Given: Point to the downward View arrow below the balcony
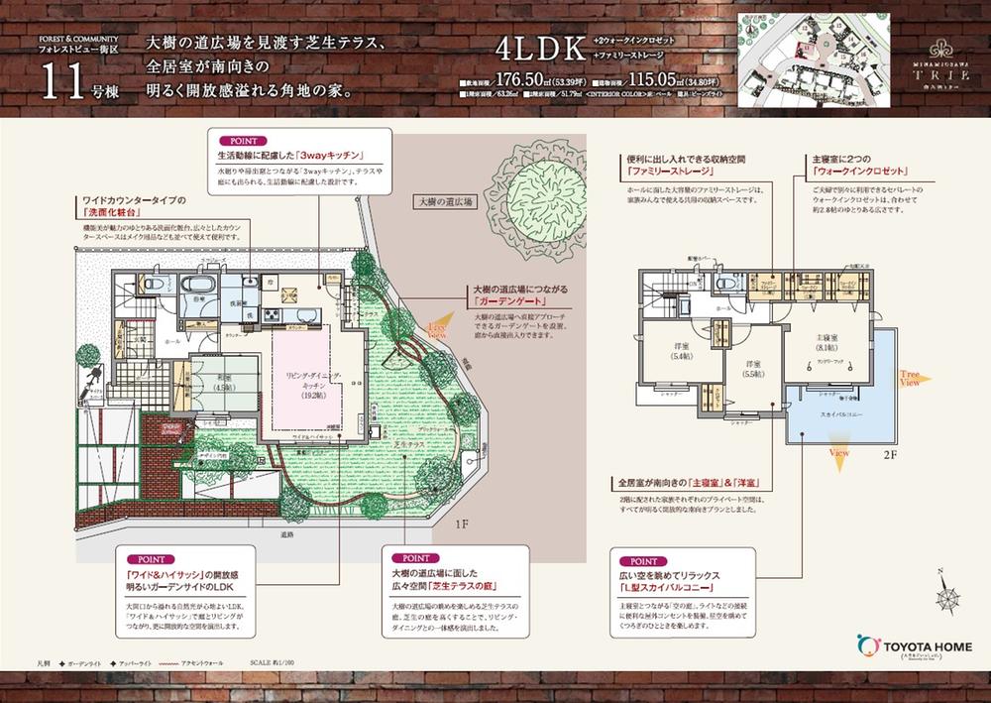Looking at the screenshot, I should tap(840, 450).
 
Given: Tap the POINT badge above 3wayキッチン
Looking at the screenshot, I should tap(242, 141).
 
